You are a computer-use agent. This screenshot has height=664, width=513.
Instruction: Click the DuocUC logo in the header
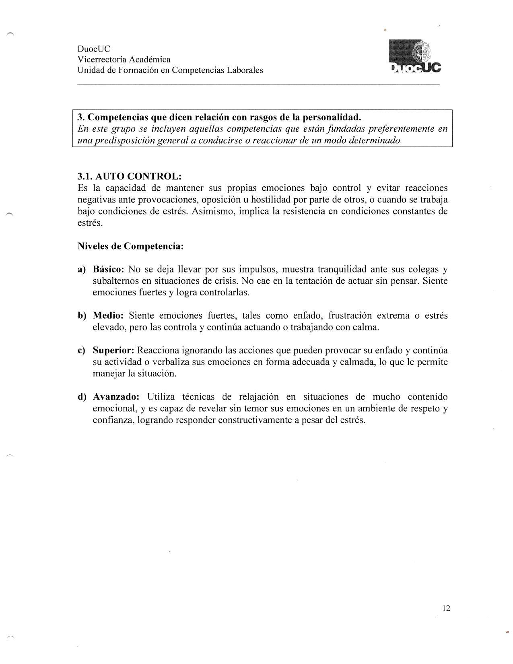coord(415,58)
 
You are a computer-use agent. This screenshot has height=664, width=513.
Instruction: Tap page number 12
coord(446,608)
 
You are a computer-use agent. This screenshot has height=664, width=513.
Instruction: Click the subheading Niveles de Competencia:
coord(130,246)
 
